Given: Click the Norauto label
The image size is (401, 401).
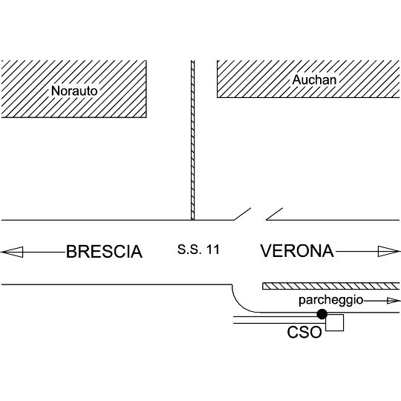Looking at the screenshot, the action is (x=74, y=91).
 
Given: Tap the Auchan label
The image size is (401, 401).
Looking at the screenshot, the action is (x=314, y=79).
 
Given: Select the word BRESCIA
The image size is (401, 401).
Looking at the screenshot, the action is (x=104, y=252).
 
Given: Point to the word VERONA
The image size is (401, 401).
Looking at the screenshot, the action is (x=297, y=251).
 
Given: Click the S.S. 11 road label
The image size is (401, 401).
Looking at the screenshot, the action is (x=199, y=250).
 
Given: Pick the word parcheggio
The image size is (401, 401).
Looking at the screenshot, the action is (x=331, y=300).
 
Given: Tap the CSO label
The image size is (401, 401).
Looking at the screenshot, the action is (x=304, y=332).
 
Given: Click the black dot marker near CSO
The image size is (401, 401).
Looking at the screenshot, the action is (x=322, y=314).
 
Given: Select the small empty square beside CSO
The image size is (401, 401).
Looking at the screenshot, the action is (x=334, y=322).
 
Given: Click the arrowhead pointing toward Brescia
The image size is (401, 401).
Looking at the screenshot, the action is (x=12, y=252).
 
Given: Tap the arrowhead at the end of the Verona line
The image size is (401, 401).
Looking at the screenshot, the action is (x=388, y=252).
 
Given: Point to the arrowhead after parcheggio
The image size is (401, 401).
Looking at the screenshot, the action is (x=394, y=301).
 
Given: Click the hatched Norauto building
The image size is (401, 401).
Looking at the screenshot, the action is (x=74, y=89).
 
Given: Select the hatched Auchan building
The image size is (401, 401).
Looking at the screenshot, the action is (x=308, y=79).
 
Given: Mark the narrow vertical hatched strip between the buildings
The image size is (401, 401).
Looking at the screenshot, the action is (x=192, y=140).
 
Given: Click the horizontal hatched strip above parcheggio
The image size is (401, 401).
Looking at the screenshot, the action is (x=331, y=286).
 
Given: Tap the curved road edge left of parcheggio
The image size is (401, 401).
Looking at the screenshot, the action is (x=241, y=303).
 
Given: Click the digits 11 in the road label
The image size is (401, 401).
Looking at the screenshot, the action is (x=213, y=250).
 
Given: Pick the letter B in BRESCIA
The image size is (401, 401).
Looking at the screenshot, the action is (x=71, y=252).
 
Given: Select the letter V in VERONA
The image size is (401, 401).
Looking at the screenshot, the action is (x=267, y=251).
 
